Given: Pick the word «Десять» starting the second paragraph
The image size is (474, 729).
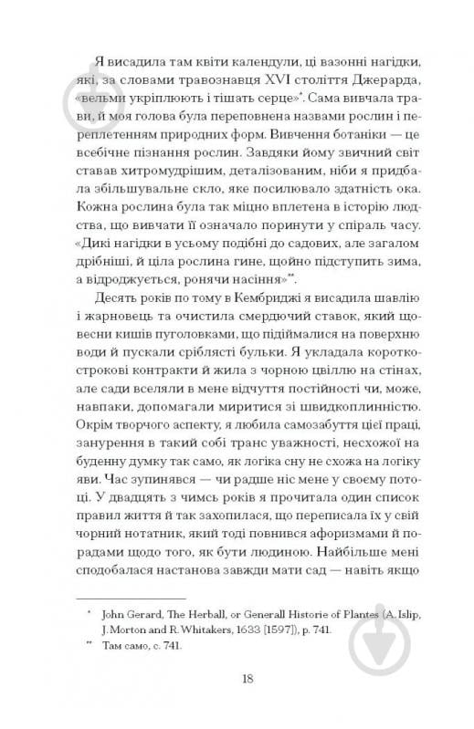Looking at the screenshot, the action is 115,326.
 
